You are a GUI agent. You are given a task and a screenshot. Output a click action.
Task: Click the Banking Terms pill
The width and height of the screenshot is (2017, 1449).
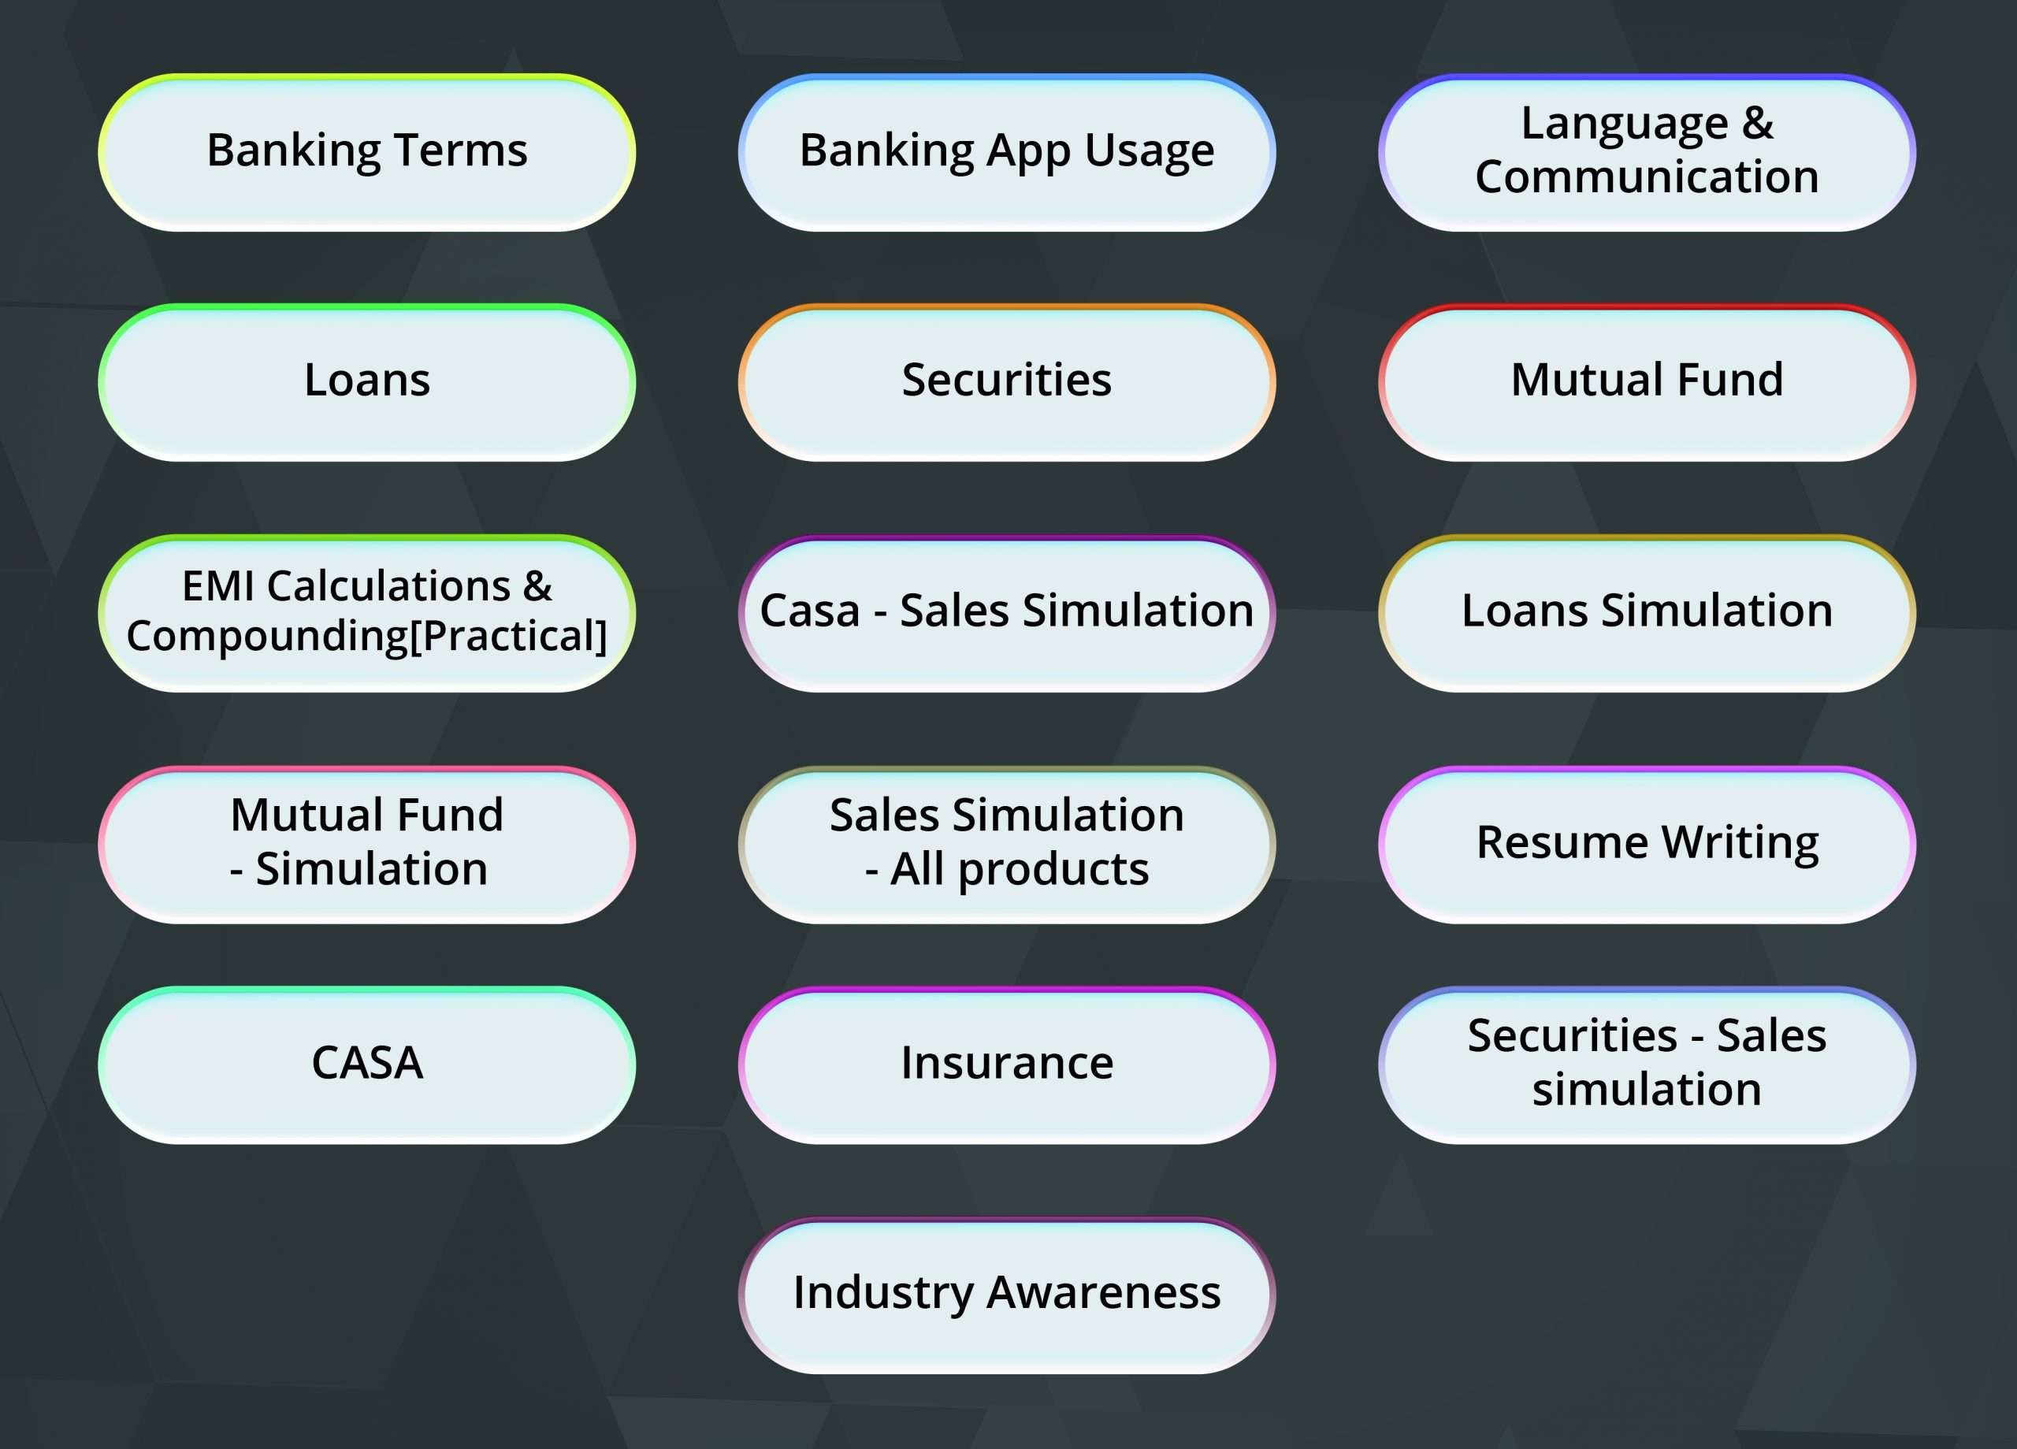[x=366, y=152]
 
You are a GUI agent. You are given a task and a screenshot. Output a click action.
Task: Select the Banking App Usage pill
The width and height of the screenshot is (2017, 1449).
[x=1007, y=152]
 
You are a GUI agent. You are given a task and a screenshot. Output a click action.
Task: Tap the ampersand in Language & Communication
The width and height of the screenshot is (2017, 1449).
[x=1757, y=123]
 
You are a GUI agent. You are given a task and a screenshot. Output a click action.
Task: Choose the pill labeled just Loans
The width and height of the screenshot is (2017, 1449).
[x=366, y=382]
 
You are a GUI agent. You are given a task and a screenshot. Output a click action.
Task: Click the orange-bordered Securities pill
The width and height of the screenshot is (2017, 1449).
[x=1007, y=382]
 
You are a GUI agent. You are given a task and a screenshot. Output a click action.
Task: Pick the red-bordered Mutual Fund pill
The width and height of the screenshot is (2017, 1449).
[x=1647, y=382]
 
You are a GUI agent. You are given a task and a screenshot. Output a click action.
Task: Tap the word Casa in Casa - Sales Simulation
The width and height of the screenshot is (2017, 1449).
[x=810, y=611]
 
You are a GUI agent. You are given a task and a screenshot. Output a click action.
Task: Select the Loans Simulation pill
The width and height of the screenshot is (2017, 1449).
[x=1647, y=613]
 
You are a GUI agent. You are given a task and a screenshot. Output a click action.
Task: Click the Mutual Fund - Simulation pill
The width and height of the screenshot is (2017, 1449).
[x=366, y=844]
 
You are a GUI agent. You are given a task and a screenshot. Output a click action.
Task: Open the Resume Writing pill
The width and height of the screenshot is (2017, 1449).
[x=1647, y=844]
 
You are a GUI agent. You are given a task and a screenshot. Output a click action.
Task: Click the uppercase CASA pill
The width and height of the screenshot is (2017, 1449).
[x=366, y=1064]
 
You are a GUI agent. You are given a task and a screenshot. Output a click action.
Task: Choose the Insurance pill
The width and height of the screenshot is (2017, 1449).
[x=1007, y=1064]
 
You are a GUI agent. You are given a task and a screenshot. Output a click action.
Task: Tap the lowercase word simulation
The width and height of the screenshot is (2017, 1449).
[x=1647, y=1089]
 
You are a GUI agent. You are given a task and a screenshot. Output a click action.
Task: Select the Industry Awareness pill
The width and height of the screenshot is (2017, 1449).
[x=1007, y=1295]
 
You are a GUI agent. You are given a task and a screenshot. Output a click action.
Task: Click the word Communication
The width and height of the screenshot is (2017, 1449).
[x=1647, y=176]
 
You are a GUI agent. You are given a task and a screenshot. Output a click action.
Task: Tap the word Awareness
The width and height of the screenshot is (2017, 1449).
[x=1104, y=1292]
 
